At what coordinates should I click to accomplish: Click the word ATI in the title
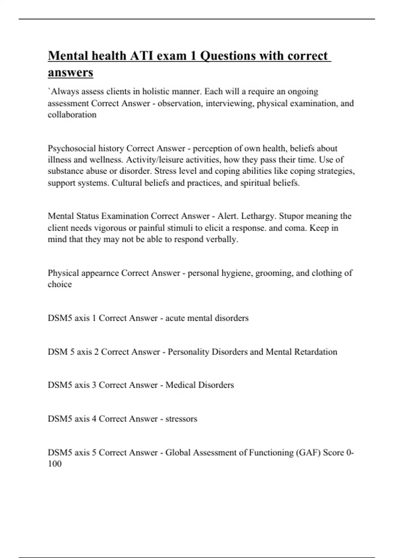click(142, 56)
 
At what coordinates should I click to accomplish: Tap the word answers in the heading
click(71, 72)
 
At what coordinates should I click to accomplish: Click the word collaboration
click(72, 115)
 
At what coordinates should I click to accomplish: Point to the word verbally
click(222, 239)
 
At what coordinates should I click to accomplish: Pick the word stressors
click(181, 419)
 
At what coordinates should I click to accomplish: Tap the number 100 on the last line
click(55, 464)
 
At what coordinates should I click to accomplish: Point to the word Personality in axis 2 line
click(188, 352)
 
